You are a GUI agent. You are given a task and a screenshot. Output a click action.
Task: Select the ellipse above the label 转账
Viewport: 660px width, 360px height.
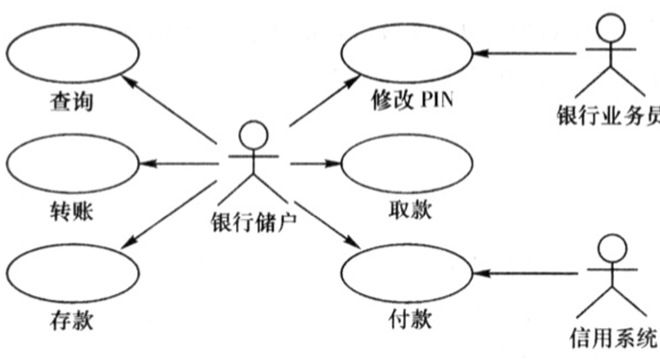pyautogui.click(x=73, y=163)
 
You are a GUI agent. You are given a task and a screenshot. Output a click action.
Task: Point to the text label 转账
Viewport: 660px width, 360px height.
pyautogui.click(x=72, y=211)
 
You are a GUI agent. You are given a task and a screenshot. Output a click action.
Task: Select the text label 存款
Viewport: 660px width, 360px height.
pyautogui.click(x=72, y=321)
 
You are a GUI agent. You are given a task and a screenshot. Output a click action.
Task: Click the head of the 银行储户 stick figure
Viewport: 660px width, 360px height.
pyautogui.click(x=253, y=135)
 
